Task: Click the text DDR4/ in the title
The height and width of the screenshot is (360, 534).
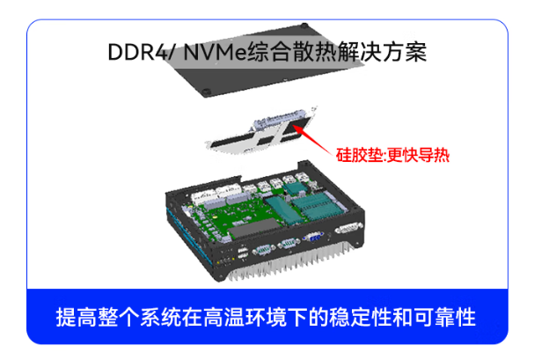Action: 135,51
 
